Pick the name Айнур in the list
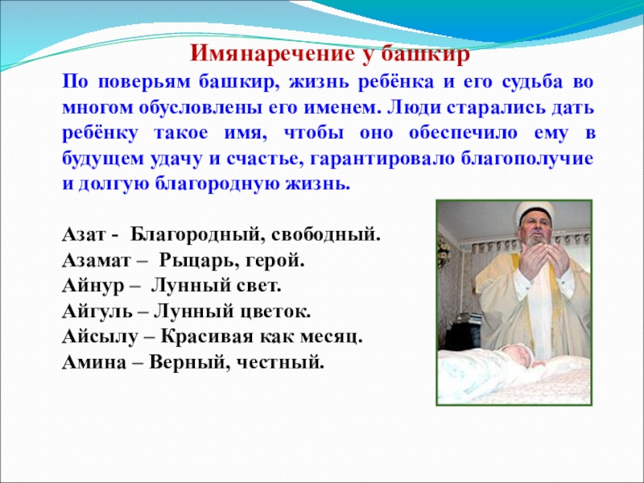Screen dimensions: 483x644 pos(90,287)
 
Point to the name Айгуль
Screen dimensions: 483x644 pos(93,312)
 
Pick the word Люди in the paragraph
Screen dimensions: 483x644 pos(407,107)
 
